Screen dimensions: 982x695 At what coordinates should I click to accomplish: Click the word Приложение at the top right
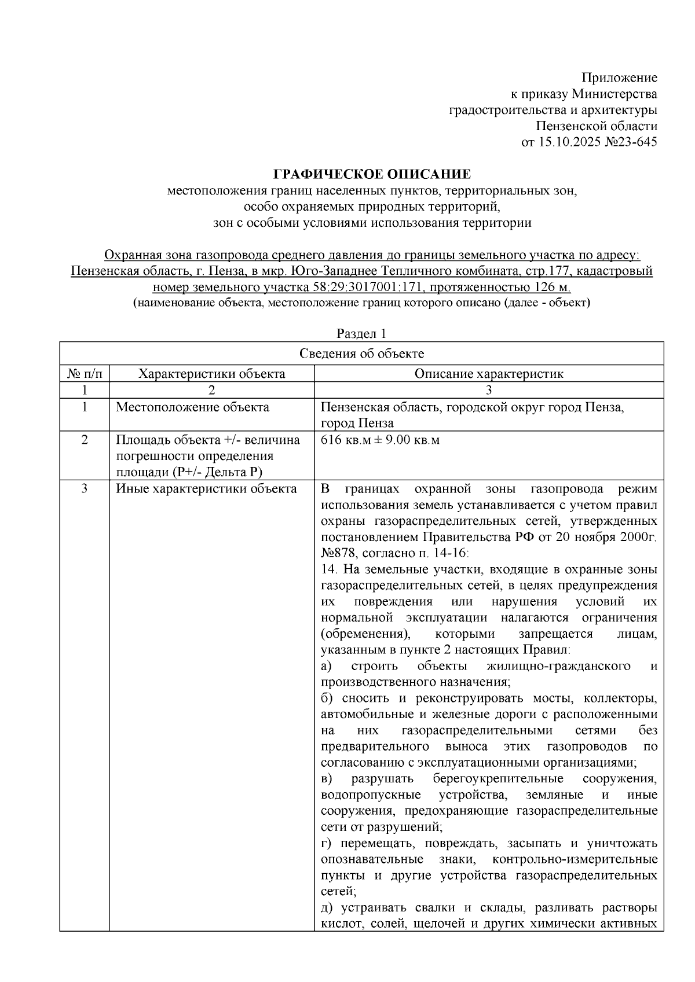coord(619,78)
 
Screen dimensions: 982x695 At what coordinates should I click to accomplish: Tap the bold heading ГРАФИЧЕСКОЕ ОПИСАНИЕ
coord(372,174)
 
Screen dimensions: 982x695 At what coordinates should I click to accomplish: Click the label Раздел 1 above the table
coord(361,334)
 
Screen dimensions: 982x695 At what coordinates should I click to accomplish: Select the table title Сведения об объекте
coord(361,354)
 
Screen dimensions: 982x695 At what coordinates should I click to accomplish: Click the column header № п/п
coord(85,374)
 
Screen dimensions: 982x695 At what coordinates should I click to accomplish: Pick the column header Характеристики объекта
coord(211,374)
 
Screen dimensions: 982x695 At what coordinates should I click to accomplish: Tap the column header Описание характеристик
coord(488,374)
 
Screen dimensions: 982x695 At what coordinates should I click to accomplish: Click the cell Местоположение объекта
coord(192,407)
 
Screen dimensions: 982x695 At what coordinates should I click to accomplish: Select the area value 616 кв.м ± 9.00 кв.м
coord(380,440)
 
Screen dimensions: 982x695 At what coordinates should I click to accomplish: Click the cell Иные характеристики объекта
coord(206,489)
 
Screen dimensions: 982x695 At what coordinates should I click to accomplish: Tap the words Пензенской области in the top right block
coord(597,126)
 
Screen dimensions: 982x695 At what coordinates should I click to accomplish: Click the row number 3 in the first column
coord(85,489)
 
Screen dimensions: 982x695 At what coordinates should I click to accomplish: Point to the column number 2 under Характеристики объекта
coord(211,390)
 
